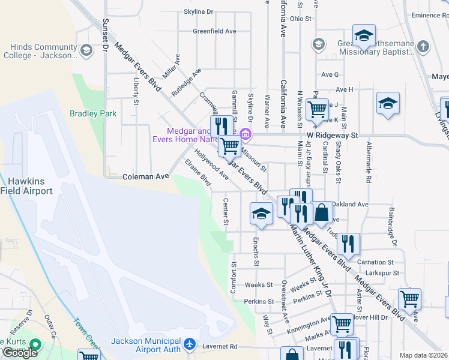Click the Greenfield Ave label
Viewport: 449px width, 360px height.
pyautogui.click(x=213, y=31)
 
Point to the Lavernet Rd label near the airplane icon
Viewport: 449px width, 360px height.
pyautogui.click(x=221, y=346)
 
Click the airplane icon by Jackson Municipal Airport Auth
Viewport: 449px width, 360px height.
pyautogui.click(x=190, y=344)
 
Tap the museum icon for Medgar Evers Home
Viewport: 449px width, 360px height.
pyautogui.click(x=244, y=134)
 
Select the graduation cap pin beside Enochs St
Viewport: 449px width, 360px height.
pyautogui.click(x=261, y=214)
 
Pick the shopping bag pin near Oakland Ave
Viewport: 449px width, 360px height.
pyautogui.click(x=322, y=212)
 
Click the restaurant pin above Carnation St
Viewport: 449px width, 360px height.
pyautogui.click(x=348, y=243)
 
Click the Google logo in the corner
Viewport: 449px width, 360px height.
pyautogui.click(x=20, y=353)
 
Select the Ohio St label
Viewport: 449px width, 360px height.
pyautogui.click(x=300, y=19)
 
